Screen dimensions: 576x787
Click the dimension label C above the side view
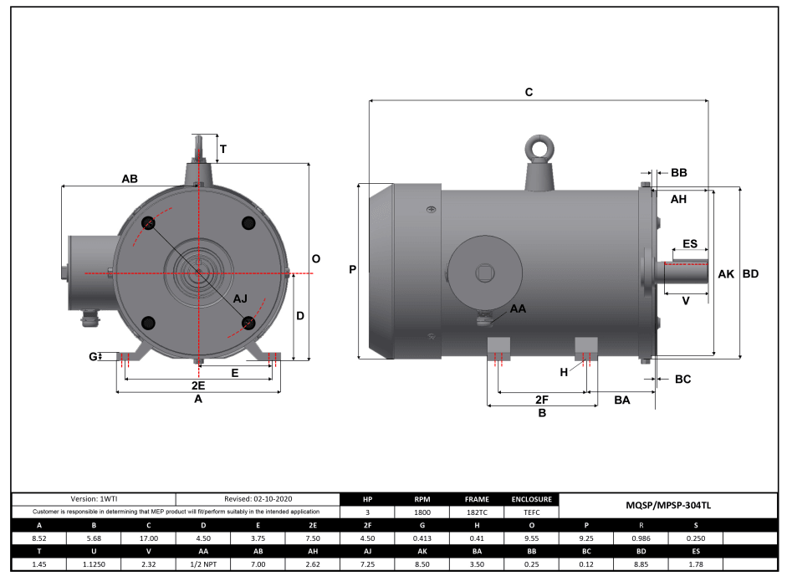pyautogui.click(x=529, y=92)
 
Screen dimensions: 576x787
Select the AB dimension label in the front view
pyautogui.click(x=130, y=179)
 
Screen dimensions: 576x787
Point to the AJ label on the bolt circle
pyautogui.click(x=240, y=298)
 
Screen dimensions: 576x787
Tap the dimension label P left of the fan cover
pyautogui.click(x=352, y=270)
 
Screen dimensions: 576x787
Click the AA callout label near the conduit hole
pyautogui.click(x=518, y=308)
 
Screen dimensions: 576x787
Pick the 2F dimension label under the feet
pyautogui.click(x=541, y=399)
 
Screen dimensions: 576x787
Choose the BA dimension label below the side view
pyautogui.click(x=621, y=400)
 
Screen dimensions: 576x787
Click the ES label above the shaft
pyautogui.click(x=689, y=243)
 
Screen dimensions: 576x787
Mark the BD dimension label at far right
pyautogui.click(x=751, y=273)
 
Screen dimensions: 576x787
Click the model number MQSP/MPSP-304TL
pyautogui.click(x=668, y=505)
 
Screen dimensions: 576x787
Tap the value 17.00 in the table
pyautogui.click(x=148, y=538)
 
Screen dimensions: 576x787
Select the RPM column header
pyautogui.click(x=422, y=499)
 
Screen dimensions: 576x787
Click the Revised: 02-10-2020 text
pyautogui.click(x=258, y=498)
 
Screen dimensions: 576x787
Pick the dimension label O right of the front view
pyautogui.click(x=315, y=259)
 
